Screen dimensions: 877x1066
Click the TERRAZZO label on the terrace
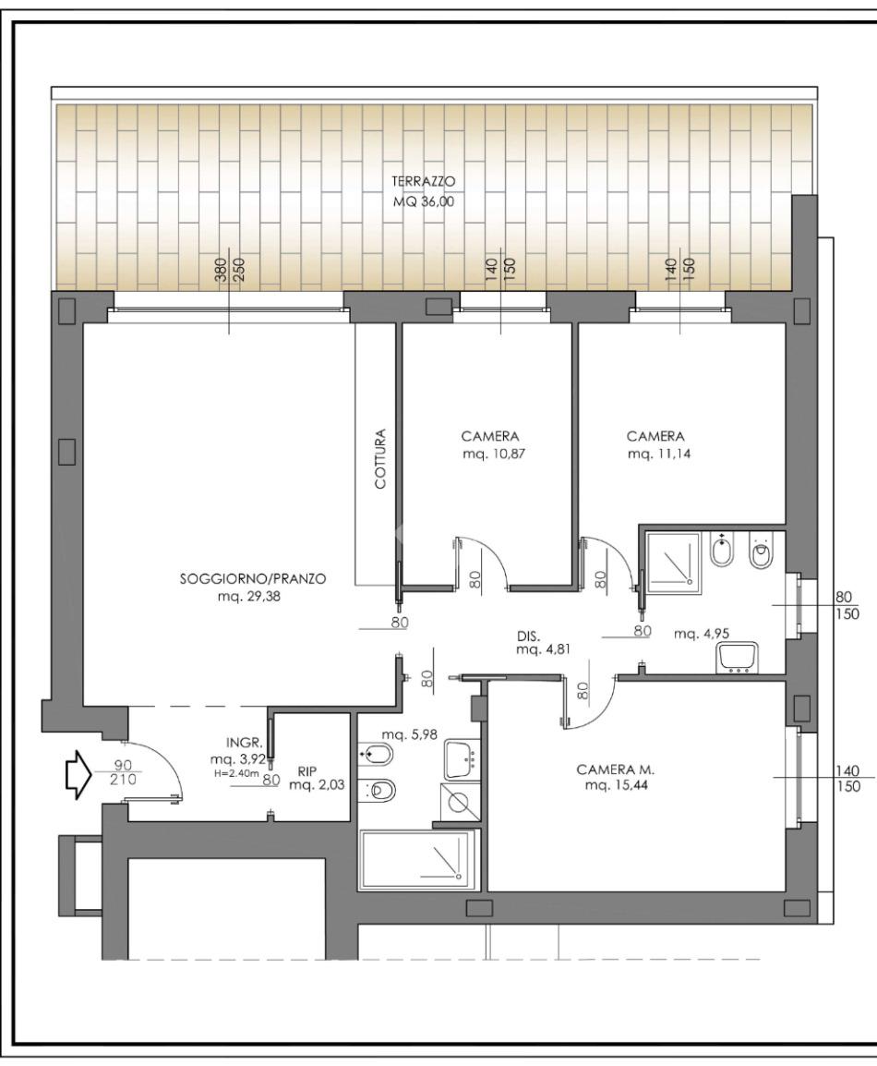click(x=423, y=182)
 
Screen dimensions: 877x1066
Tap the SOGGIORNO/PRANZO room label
click(x=253, y=579)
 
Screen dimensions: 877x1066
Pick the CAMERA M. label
click(x=616, y=769)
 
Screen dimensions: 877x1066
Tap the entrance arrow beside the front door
click(x=78, y=774)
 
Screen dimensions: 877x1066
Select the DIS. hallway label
click(x=529, y=637)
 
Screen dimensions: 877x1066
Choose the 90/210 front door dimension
click(x=123, y=772)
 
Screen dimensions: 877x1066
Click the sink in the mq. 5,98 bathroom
click(x=463, y=759)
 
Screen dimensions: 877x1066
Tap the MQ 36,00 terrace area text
click(x=423, y=202)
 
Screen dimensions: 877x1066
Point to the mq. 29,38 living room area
click(x=249, y=597)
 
